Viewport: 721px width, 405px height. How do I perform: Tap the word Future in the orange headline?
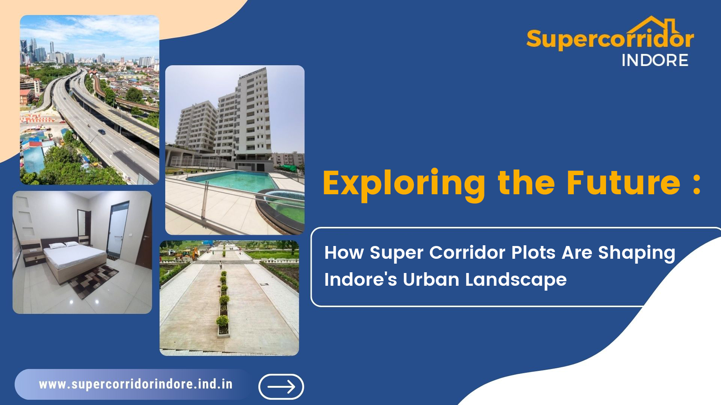[623, 183]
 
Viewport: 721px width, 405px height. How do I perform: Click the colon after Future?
[697, 184]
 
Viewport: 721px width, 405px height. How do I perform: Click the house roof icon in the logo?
[653, 25]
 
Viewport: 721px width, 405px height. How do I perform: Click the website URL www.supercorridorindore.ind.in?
[136, 384]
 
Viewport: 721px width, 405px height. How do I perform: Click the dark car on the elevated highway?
[101, 132]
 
